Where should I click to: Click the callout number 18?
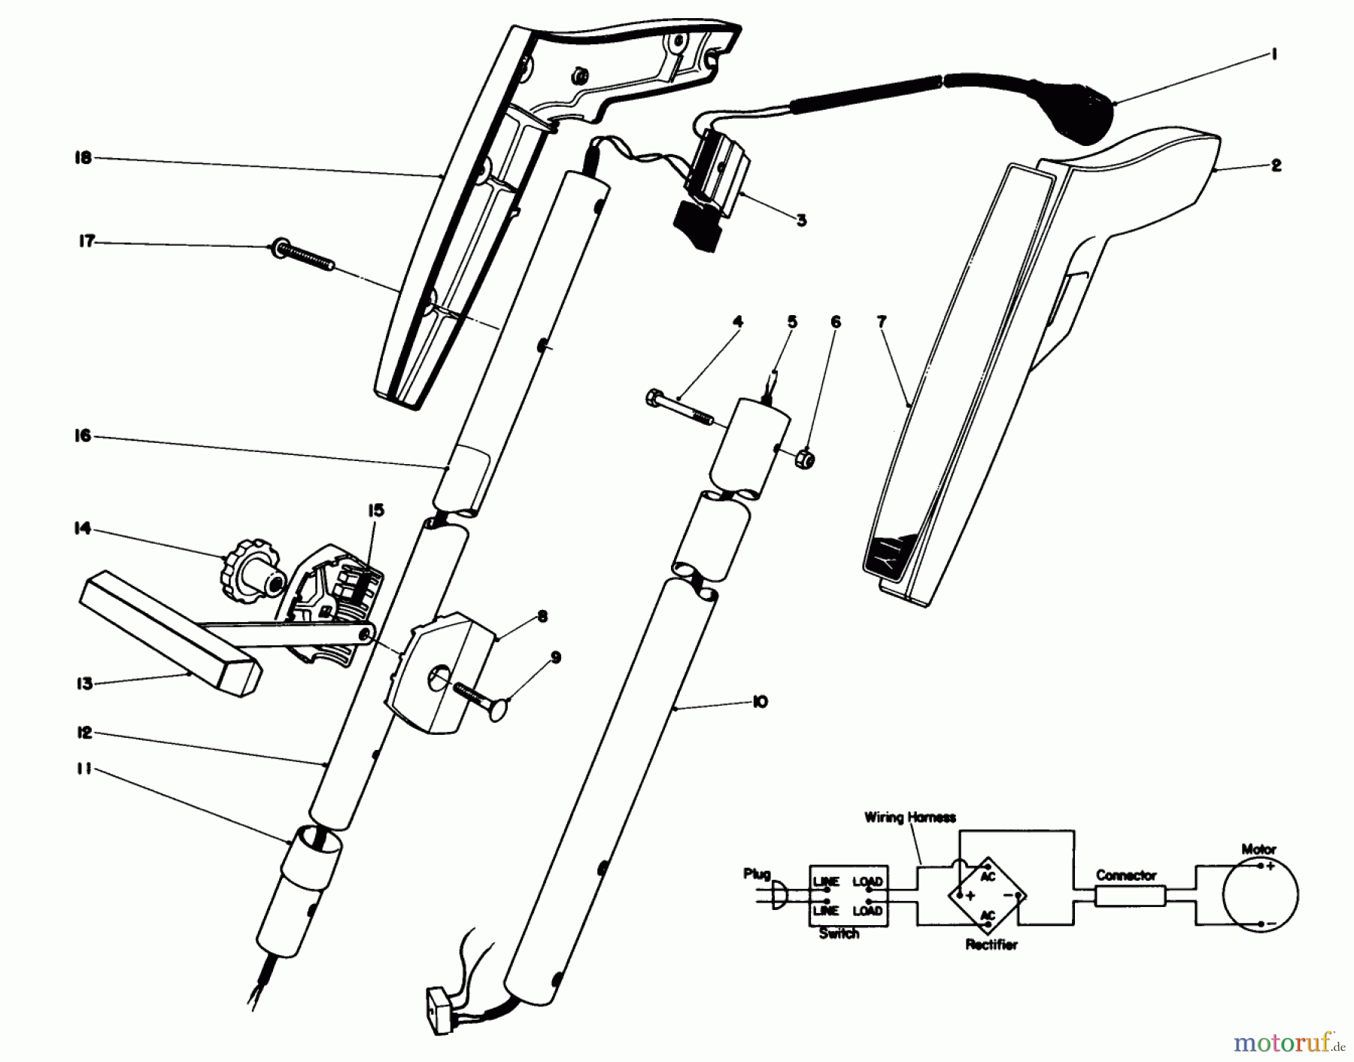[83, 158]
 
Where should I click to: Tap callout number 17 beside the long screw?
[87, 241]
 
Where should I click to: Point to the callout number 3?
[801, 220]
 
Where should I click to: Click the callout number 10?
[759, 702]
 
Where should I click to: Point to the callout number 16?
[82, 435]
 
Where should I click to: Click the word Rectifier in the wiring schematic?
[991, 945]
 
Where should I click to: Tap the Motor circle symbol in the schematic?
[1260, 894]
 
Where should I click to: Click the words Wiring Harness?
[909, 817]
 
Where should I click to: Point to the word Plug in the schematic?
[757, 874]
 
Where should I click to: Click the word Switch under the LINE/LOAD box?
[839, 933]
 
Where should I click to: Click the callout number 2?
[1276, 165]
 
